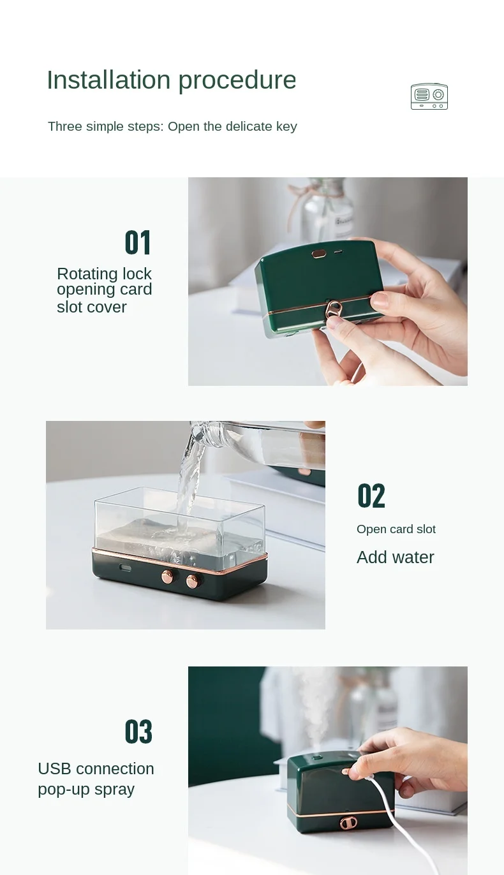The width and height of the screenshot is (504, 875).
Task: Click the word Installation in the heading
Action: click(108, 80)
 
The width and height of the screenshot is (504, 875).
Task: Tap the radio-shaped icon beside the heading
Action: click(429, 96)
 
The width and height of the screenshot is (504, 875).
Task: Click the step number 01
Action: click(138, 242)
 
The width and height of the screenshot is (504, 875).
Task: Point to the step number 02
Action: click(371, 496)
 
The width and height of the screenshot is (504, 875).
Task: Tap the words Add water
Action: click(395, 557)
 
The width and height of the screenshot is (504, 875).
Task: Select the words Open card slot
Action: click(396, 529)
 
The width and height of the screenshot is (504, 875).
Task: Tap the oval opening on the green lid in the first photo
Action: click(319, 254)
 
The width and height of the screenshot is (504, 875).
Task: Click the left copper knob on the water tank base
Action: click(168, 575)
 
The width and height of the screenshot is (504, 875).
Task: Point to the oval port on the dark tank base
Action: click(125, 567)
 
